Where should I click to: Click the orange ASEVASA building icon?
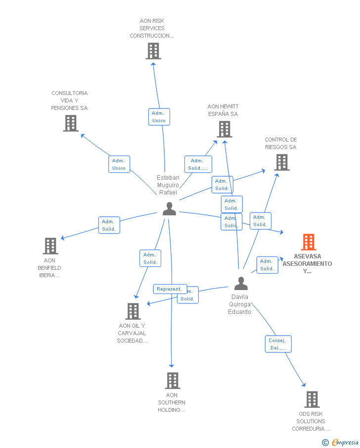[309, 242]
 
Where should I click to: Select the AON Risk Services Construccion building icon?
[153, 51]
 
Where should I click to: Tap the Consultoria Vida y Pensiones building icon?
[71, 123]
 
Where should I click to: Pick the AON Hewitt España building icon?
[225, 129]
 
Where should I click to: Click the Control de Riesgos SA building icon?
[282, 162]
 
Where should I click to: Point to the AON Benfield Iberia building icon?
[50, 246]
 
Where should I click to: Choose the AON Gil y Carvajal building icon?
[133, 311]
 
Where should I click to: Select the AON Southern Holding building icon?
[172, 381]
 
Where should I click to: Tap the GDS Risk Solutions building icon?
[312, 399]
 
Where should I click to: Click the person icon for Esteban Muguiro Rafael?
[169, 209]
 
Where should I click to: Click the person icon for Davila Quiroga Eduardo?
[241, 283]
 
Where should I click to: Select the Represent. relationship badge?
[170, 289]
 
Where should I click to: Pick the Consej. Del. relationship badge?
[278, 344]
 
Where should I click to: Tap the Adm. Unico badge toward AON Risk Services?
[159, 117]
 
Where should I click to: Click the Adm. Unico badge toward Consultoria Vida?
[119, 164]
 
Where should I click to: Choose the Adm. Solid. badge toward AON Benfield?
[109, 225]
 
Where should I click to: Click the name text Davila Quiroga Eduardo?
[240, 304]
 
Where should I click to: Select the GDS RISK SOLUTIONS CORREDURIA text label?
[311, 421]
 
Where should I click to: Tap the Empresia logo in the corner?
[341, 442]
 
